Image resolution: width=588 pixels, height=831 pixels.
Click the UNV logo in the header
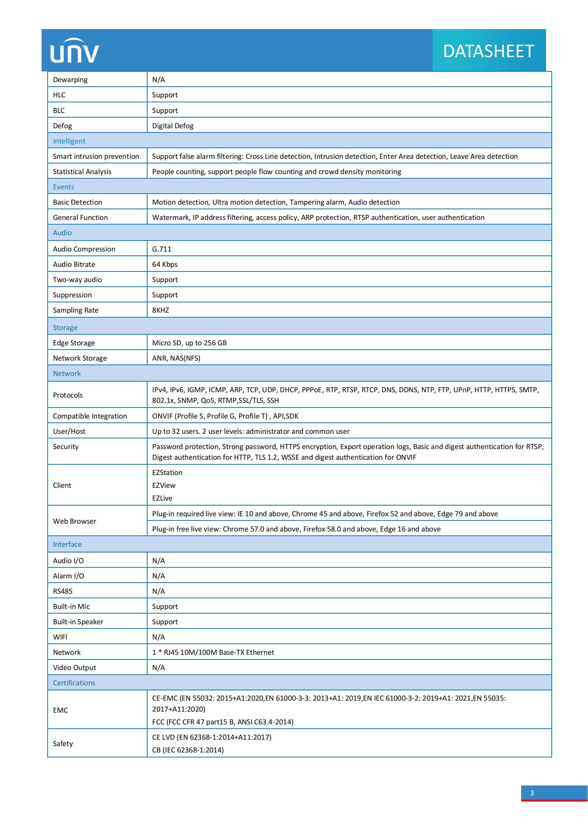[x=74, y=51]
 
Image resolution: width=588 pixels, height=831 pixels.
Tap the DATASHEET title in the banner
[x=488, y=51]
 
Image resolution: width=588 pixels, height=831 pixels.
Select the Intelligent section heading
[x=69, y=141]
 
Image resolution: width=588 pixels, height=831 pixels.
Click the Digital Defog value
[x=173, y=126]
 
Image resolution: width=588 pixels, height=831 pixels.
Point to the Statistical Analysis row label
[x=82, y=172]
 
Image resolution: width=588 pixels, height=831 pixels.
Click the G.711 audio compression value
[x=161, y=249]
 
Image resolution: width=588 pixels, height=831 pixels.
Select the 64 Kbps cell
[x=165, y=264]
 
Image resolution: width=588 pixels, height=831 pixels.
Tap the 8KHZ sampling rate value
[x=160, y=310]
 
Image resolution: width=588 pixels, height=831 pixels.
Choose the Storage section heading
[x=65, y=328]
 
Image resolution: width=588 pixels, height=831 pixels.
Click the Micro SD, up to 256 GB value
[x=189, y=343]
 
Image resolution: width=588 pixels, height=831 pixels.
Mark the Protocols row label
[x=68, y=395]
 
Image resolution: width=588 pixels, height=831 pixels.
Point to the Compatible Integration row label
[x=90, y=416]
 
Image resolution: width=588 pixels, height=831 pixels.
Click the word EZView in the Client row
[x=164, y=485]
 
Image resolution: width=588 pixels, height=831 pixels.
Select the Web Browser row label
[x=75, y=521]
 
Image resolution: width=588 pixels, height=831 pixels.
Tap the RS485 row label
[x=63, y=591]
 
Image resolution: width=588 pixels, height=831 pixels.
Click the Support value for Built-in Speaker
[x=165, y=621]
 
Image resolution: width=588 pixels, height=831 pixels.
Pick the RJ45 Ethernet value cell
[x=213, y=652]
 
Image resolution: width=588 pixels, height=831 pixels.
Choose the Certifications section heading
[x=74, y=682]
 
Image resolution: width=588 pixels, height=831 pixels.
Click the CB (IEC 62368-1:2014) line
[x=188, y=750]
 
